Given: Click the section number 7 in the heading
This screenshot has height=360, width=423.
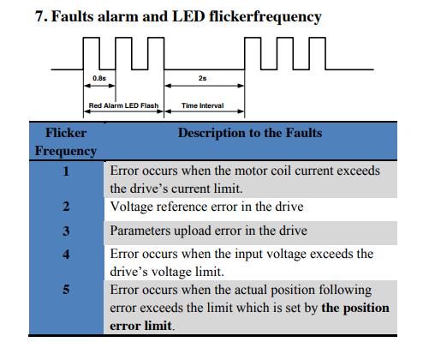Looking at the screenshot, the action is pos(40,16).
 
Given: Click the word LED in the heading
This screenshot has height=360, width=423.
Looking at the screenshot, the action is pos(189,16).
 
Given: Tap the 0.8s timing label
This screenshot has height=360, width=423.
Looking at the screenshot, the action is pos(99,78).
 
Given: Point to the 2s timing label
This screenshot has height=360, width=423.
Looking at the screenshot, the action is pos(202,78).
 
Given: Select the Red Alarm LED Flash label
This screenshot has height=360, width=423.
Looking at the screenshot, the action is pos(123,105).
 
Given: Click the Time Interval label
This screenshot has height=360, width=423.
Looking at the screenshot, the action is pos(202,105).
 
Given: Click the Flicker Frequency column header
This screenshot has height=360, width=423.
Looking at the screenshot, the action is pos(66,141).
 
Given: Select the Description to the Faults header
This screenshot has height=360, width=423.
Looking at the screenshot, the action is pos(250,133).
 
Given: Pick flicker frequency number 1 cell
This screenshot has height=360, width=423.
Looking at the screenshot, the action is pos(66,171).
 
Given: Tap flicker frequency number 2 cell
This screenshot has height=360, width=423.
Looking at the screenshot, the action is pos(66,207).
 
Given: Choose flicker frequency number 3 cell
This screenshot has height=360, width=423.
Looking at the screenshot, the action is pos(66,231).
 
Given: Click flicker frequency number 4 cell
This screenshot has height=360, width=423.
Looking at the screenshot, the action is pos(66,254).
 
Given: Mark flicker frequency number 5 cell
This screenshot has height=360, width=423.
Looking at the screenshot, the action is pos(66,290).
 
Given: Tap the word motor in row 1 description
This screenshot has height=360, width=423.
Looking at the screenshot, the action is pos(248,171).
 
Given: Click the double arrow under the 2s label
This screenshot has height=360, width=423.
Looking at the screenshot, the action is pos(205,86).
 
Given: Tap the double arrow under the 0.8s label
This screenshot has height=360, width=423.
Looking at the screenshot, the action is pos(99,86).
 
